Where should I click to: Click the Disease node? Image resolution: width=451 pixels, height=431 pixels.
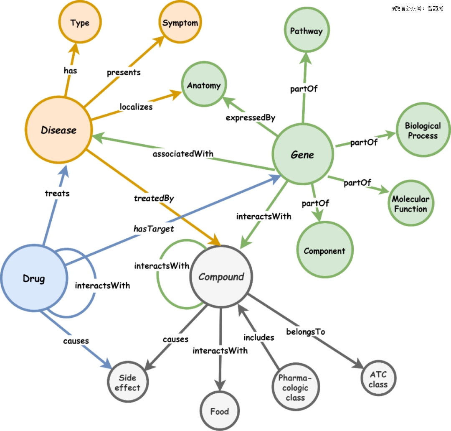pyautogui.click(x=58, y=130)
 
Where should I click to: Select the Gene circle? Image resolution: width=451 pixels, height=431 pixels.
pyautogui.click(x=303, y=155)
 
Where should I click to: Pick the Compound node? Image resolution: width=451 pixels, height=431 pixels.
pyautogui.click(x=221, y=277)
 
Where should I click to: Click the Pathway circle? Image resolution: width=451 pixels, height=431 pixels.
pyautogui.click(x=307, y=31)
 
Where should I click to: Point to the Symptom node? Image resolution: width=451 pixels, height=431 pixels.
pyautogui.click(x=180, y=23)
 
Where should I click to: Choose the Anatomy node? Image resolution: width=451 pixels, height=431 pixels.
pyautogui.click(x=203, y=85)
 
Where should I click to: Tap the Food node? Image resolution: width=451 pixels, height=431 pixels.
pyautogui.click(x=220, y=411)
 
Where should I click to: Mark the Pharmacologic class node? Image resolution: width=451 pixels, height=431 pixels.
pyautogui.click(x=295, y=388)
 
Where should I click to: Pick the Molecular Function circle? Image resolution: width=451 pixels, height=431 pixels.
pyautogui.click(x=410, y=204)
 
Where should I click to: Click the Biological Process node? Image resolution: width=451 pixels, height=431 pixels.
pyautogui.click(x=423, y=131)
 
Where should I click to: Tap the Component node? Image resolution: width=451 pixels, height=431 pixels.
pyautogui.click(x=324, y=251)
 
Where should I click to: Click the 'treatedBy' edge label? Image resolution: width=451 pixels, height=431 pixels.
pyautogui.click(x=154, y=198)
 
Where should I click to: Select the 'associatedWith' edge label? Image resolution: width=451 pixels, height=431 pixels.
pyautogui.click(x=183, y=154)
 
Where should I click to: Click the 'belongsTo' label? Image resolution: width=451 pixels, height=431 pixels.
pyautogui.click(x=305, y=332)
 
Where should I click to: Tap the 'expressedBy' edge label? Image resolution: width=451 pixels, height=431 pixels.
pyautogui.click(x=250, y=118)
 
